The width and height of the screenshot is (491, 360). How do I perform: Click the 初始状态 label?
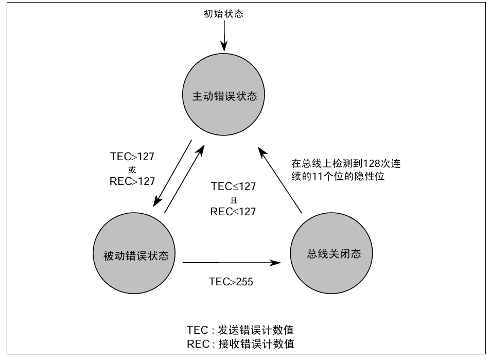pyautogui.click(x=224, y=14)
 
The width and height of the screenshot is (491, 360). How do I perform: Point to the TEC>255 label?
pyautogui.click(x=231, y=282)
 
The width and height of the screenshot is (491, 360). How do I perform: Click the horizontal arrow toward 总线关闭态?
pyautogui.click(x=232, y=263)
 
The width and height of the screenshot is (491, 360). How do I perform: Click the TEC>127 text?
pyautogui.click(x=132, y=157)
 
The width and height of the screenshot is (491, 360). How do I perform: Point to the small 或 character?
pyautogui.click(x=132, y=169)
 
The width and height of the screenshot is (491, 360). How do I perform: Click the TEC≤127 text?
pyautogui.click(x=233, y=187)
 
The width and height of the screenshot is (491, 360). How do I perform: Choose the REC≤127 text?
pyautogui.click(x=233, y=211)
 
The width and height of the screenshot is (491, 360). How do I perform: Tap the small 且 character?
pyautogui.click(x=233, y=199)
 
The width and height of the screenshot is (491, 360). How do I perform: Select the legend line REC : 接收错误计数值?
pyautogui.click(x=240, y=344)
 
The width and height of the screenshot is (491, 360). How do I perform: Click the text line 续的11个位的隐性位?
pyautogui.click(x=338, y=176)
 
